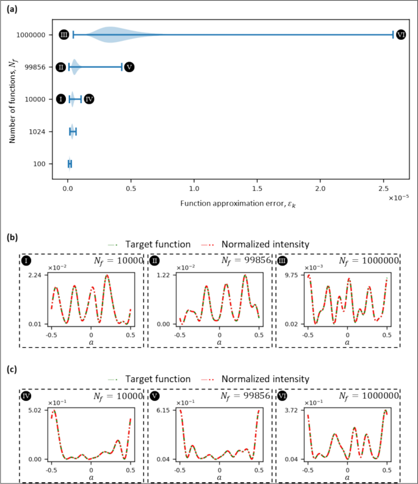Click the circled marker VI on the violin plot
(x=401, y=35)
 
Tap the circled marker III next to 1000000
(x=64, y=35)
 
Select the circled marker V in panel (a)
(x=129, y=67)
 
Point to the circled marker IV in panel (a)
(x=89, y=99)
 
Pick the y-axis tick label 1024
(x=36, y=131)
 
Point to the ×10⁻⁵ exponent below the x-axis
(x=400, y=197)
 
